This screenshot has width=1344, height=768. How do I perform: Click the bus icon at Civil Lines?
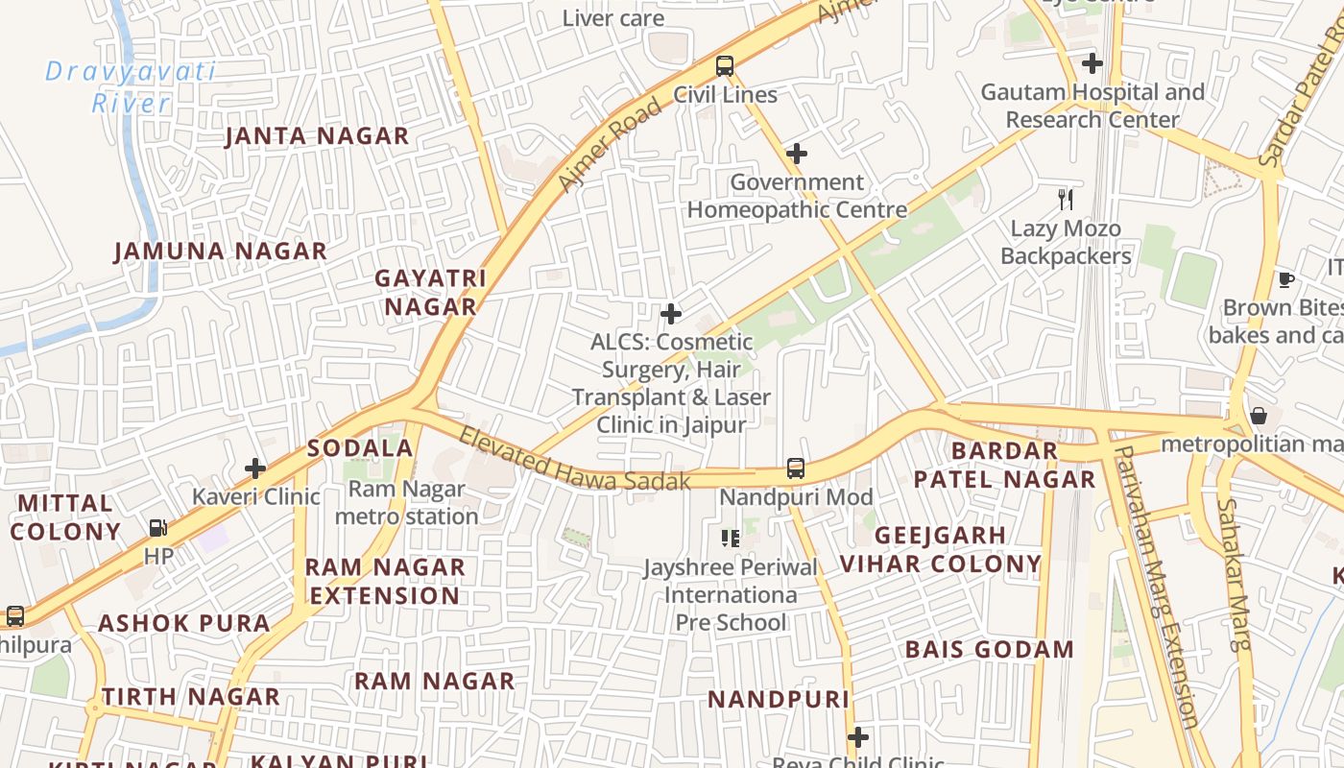coord(725,66)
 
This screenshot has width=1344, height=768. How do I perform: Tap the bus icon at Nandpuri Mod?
coord(795,468)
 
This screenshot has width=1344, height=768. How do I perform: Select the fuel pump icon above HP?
coord(157,527)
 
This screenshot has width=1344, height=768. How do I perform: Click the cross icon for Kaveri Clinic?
coord(255,468)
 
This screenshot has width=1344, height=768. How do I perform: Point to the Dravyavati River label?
coord(131,86)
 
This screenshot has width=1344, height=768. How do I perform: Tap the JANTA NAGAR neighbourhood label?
coord(317,136)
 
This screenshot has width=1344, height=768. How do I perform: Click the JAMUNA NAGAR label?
coord(221,252)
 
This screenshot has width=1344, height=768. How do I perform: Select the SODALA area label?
coord(360,448)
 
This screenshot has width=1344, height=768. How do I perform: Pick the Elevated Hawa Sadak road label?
coord(574,461)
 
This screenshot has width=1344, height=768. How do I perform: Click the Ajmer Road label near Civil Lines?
coord(609,144)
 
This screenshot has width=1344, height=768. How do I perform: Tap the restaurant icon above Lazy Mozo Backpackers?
coord(1065,200)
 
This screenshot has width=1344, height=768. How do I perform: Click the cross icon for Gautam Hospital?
coord(1092,64)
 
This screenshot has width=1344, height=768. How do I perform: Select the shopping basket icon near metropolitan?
coord(1258,416)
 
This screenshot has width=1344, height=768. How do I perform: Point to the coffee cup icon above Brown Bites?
coord(1285,279)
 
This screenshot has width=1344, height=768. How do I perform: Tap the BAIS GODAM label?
coord(990,650)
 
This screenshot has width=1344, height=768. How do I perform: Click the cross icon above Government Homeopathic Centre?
coord(796,153)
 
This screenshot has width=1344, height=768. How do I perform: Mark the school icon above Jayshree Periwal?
coord(731,538)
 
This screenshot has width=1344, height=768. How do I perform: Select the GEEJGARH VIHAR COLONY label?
coord(940,549)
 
